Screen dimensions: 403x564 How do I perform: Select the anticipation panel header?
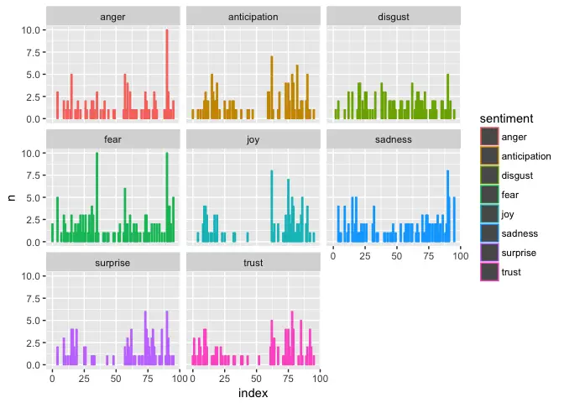(x=253, y=17)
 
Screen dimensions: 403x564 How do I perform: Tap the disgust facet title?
(x=393, y=17)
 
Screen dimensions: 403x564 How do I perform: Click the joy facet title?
(x=253, y=139)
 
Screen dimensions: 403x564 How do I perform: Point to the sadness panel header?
(x=393, y=139)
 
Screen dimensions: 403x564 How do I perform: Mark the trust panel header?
(x=253, y=263)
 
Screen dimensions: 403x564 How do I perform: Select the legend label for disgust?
(x=518, y=175)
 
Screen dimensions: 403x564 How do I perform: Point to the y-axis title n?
(x=12, y=198)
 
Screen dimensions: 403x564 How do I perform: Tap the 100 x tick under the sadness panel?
(x=458, y=256)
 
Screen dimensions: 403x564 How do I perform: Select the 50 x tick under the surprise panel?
(x=115, y=379)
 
